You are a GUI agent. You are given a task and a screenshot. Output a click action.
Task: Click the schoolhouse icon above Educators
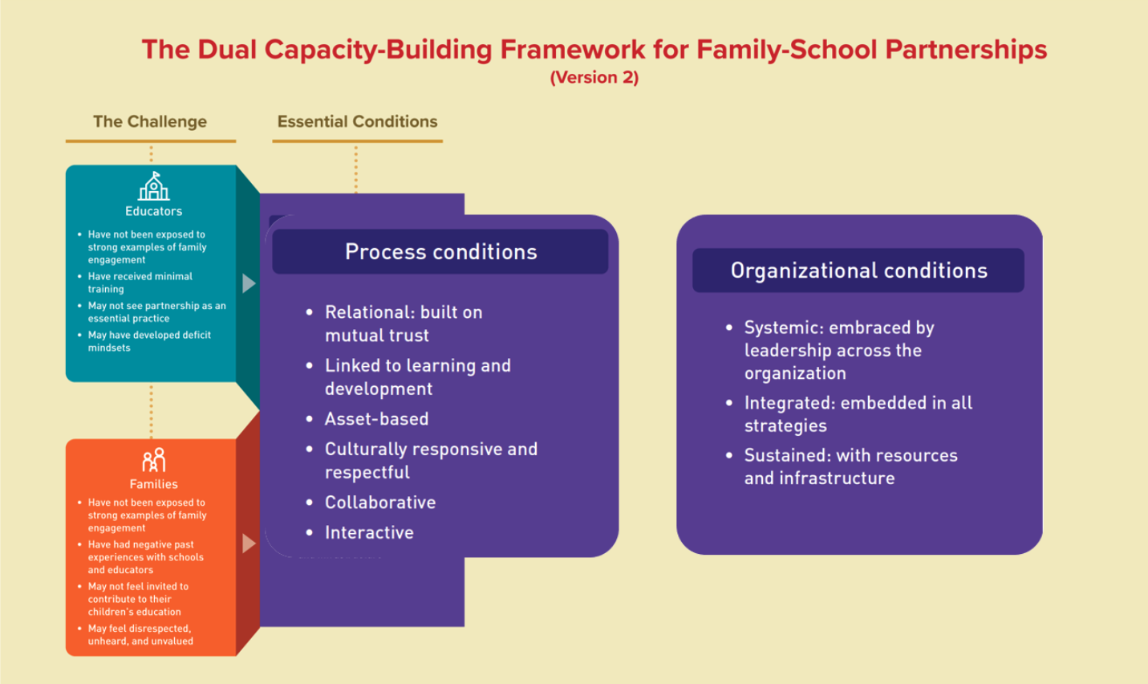153,187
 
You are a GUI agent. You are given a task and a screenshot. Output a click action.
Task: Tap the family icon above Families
153,460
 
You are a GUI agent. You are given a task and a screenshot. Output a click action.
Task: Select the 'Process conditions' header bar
440,252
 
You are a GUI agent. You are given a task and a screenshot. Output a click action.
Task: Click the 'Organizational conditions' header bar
858,271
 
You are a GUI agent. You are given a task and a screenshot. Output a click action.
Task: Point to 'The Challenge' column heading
150,122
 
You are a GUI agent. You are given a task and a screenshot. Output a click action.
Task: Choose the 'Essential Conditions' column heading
357,122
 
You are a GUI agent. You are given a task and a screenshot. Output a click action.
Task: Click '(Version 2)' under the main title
594,78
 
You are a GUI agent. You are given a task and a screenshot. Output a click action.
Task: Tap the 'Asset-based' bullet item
376,419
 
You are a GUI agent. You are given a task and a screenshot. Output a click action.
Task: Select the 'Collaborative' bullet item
380,503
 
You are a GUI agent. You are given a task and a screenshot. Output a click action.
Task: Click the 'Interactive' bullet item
369,533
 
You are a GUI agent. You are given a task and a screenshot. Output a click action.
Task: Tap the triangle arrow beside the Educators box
249,283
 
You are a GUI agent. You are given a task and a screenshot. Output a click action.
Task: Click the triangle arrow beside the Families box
249,544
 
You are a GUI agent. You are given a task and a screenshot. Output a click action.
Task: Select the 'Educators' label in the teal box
153,211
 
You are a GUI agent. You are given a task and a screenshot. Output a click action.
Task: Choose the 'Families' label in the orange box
153,484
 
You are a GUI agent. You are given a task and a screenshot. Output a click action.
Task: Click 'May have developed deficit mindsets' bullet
148,341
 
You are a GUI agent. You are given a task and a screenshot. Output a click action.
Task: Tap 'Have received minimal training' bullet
140,283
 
